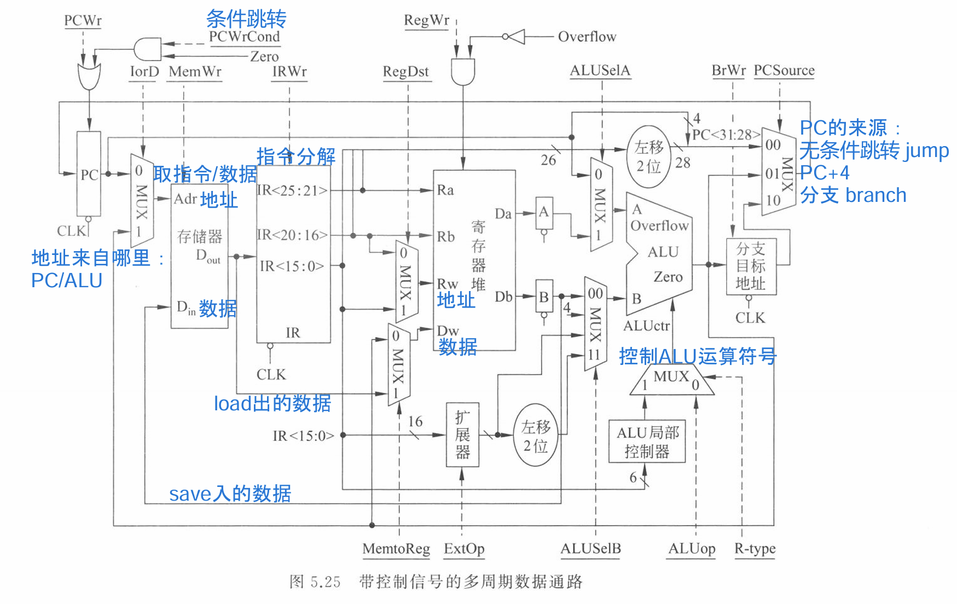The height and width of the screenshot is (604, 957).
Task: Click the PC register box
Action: coord(89,174)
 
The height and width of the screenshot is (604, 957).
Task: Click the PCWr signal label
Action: coord(83,21)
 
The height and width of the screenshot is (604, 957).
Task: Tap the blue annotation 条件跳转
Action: coord(246,19)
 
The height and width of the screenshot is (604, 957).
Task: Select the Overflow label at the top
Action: coord(587,37)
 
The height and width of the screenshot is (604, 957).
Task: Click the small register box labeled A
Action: coord(544,212)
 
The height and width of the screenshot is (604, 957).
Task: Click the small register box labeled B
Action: coord(544,297)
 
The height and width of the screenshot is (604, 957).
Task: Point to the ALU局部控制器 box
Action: coord(647,442)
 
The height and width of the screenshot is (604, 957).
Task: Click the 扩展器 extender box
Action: coord(462,435)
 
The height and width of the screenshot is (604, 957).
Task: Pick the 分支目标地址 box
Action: coord(751,266)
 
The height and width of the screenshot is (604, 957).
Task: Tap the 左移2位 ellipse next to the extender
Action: coord(536,435)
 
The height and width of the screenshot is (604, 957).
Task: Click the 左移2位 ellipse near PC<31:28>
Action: coord(649,156)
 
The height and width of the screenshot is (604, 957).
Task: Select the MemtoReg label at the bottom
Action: coord(396,548)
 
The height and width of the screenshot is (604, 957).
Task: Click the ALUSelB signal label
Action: coord(590,548)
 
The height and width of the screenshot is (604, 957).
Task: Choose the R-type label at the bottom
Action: coord(755,548)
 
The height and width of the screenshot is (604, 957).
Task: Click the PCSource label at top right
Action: coord(784,71)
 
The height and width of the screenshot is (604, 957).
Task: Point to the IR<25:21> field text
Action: coord(292,190)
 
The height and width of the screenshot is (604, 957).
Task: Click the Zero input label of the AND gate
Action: coord(264,56)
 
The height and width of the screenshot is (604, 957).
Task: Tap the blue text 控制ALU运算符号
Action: coord(698,356)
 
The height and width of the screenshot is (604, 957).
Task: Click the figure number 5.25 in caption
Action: coord(325,582)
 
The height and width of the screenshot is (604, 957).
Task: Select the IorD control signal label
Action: coord(144,72)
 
